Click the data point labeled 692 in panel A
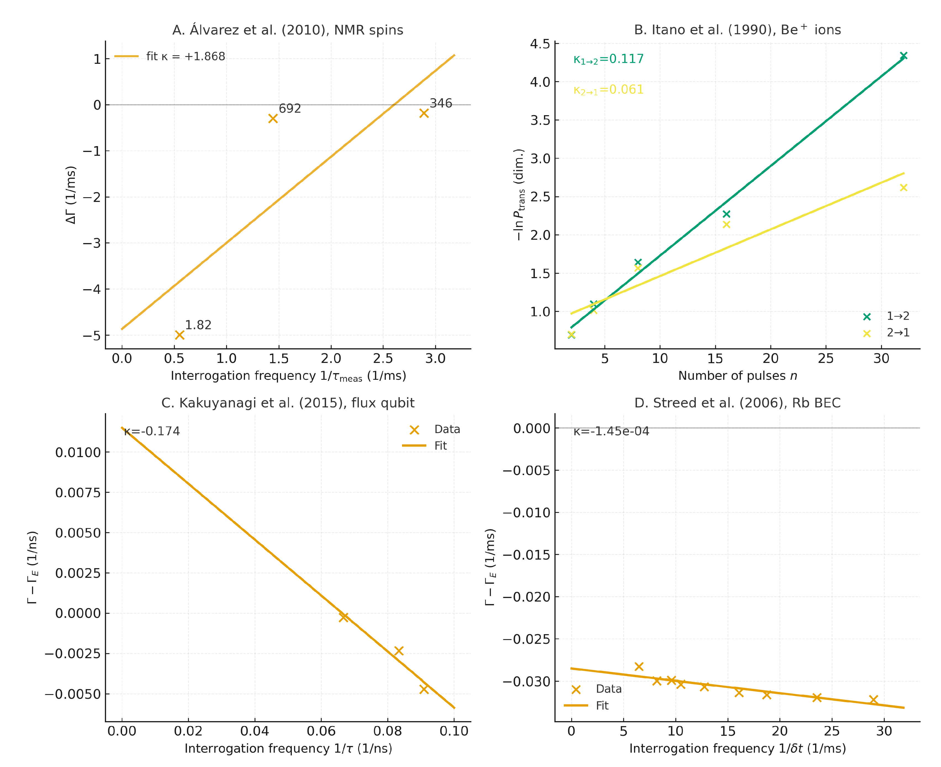[273, 118]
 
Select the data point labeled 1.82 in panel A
[179, 335]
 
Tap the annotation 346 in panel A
[441, 103]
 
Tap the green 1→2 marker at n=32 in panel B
[903, 56]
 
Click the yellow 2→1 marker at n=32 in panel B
[903, 187]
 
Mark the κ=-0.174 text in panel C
[152, 431]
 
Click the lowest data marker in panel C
[424, 689]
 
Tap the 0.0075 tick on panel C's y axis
[78, 493]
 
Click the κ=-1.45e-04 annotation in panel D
[611, 431]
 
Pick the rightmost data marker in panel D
[873, 699]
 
